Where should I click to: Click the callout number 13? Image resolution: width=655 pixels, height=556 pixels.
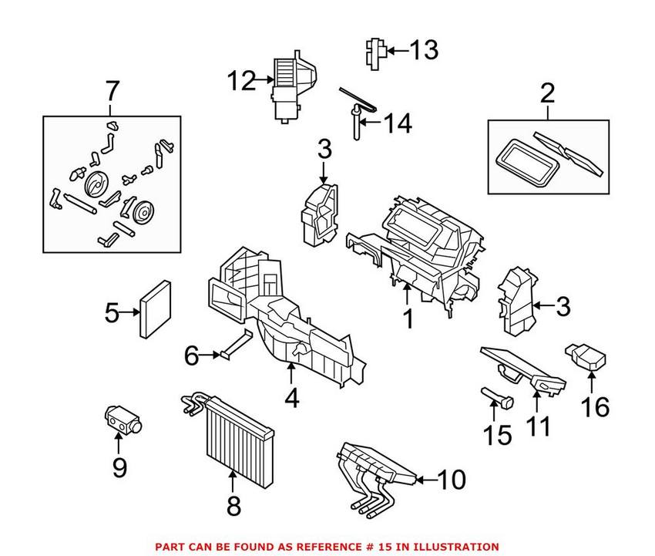[423, 51]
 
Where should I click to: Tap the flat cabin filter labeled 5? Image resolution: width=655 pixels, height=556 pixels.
[155, 311]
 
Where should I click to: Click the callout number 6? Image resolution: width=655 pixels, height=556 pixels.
[192, 356]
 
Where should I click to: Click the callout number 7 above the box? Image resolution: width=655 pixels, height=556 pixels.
[113, 93]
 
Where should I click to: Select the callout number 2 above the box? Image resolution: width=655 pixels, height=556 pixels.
[547, 95]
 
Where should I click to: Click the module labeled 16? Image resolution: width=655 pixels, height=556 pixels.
[588, 357]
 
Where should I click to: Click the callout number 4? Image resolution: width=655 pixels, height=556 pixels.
[292, 399]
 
